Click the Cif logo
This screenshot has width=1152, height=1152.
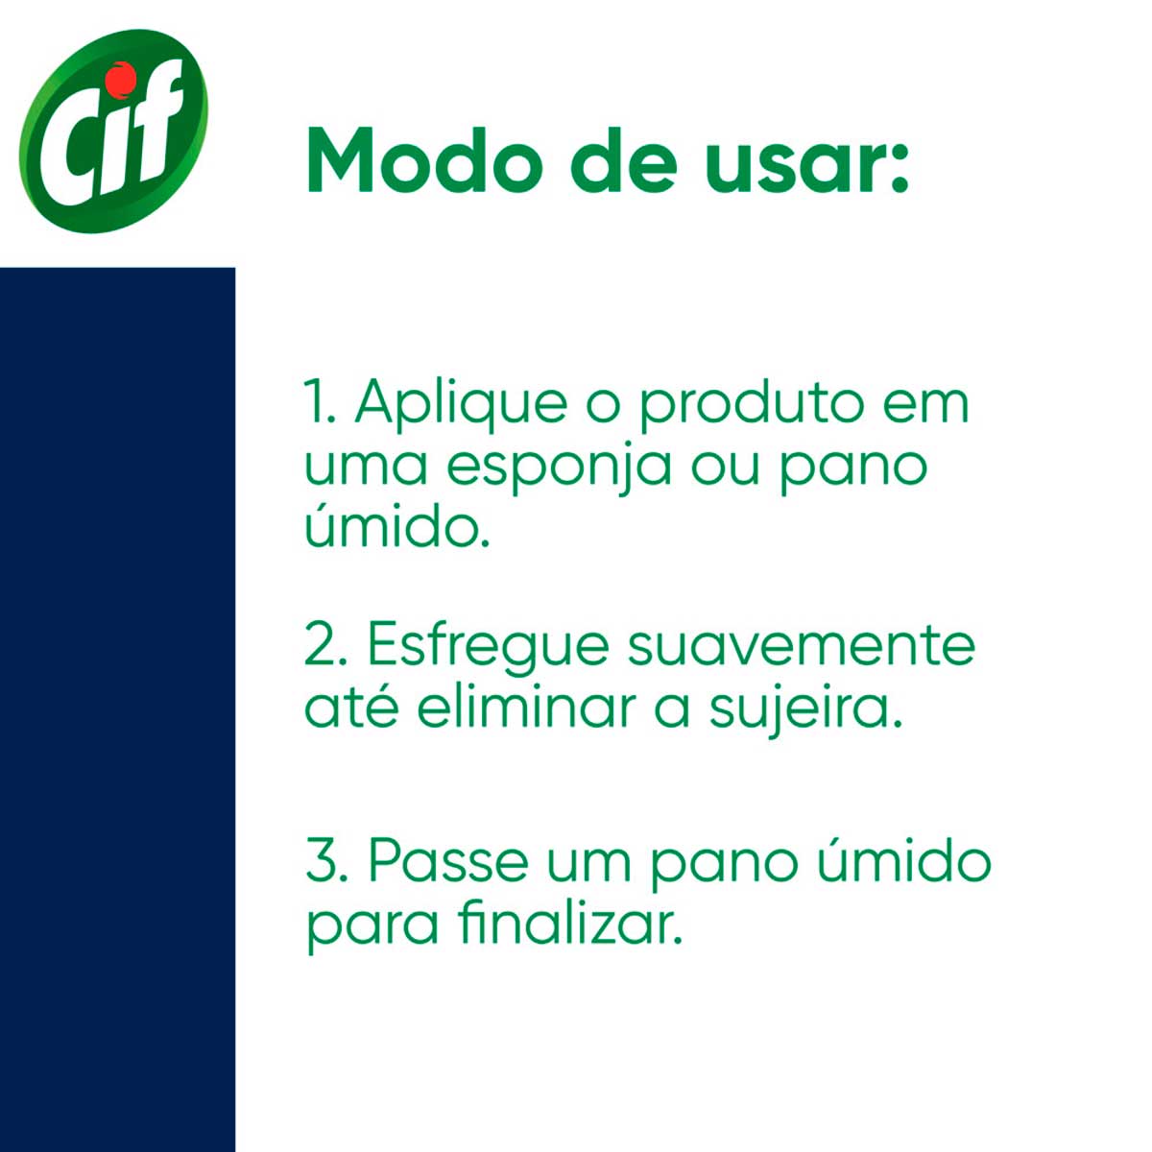click(x=113, y=131)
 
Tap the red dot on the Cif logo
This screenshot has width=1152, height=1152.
click(x=125, y=77)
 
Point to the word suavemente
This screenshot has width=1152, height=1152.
click(x=800, y=646)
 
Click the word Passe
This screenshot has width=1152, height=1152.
click(x=447, y=861)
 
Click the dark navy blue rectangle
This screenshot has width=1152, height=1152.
click(x=118, y=709)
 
